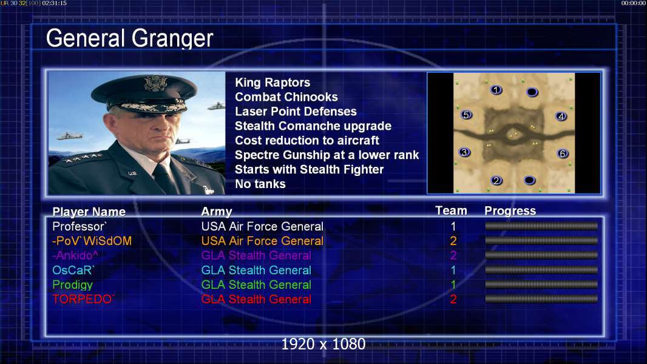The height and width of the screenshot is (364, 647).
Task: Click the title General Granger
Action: [x=129, y=38]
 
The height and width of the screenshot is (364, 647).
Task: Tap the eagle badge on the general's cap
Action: [x=155, y=83]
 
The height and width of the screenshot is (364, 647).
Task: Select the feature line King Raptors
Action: [x=273, y=83]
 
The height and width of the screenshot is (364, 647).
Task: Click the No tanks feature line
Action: [x=260, y=184]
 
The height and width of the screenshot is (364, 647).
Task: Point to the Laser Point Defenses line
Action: [x=296, y=111]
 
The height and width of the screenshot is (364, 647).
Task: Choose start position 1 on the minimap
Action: [x=496, y=89]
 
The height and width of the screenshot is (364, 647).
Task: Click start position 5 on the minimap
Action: [x=466, y=115]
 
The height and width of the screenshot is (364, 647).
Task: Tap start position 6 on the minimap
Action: [x=563, y=153]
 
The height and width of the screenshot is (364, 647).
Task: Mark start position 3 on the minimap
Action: [x=465, y=152]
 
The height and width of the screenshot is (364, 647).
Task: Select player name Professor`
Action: [x=80, y=226]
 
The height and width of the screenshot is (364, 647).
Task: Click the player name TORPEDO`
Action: [x=83, y=299]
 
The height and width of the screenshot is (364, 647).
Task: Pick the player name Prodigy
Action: [x=73, y=285]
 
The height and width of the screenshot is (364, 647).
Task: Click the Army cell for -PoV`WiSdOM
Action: [x=262, y=241]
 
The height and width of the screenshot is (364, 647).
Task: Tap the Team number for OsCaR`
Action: [x=453, y=270]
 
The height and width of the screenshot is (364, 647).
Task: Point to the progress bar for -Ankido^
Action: [x=541, y=255]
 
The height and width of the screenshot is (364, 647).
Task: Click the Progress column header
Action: [x=510, y=211]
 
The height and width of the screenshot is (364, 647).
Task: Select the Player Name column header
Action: [x=89, y=212]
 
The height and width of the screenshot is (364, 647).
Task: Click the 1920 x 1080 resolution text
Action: [x=323, y=344]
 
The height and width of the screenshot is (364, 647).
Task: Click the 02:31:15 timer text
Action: [x=54, y=3]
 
